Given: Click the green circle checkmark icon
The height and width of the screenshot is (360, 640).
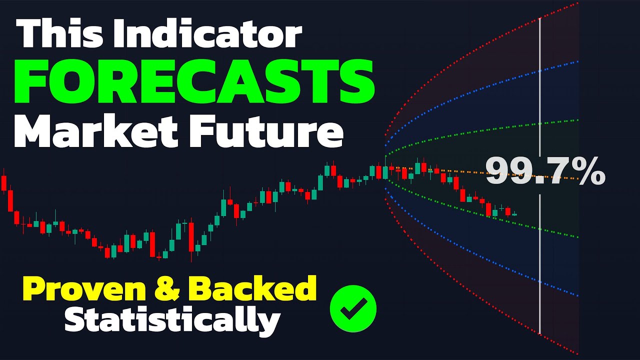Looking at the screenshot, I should (x=353, y=308).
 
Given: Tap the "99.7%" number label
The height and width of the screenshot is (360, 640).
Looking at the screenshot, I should (x=545, y=172).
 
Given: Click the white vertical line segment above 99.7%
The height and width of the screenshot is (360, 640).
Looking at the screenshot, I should (x=540, y=85).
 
